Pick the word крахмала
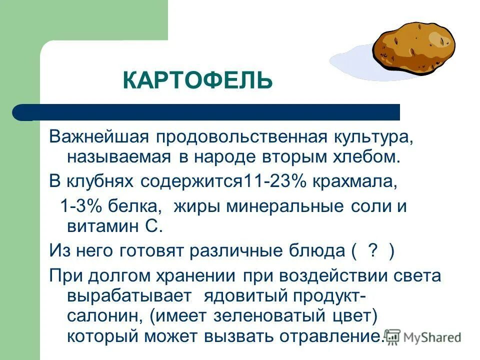[x=354, y=181]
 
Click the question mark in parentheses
[x=371, y=250]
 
